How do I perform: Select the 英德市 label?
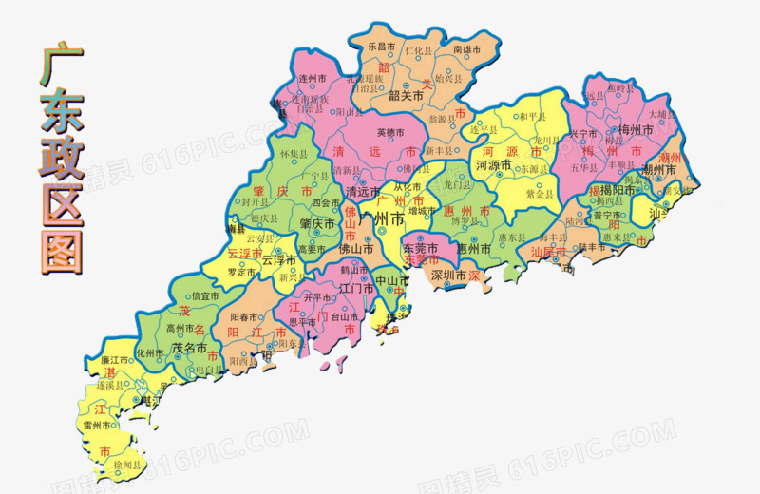(390, 132)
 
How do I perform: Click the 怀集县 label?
(288, 151)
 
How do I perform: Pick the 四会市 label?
(326, 202)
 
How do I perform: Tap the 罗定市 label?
(241, 272)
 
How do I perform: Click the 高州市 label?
(180, 329)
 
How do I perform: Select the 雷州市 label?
(99, 426)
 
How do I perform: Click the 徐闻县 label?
(127, 465)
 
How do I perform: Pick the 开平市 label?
(318, 297)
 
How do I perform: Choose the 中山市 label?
(391, 281)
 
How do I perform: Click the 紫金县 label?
(539, 193)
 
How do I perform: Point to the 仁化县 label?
(418, 48)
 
